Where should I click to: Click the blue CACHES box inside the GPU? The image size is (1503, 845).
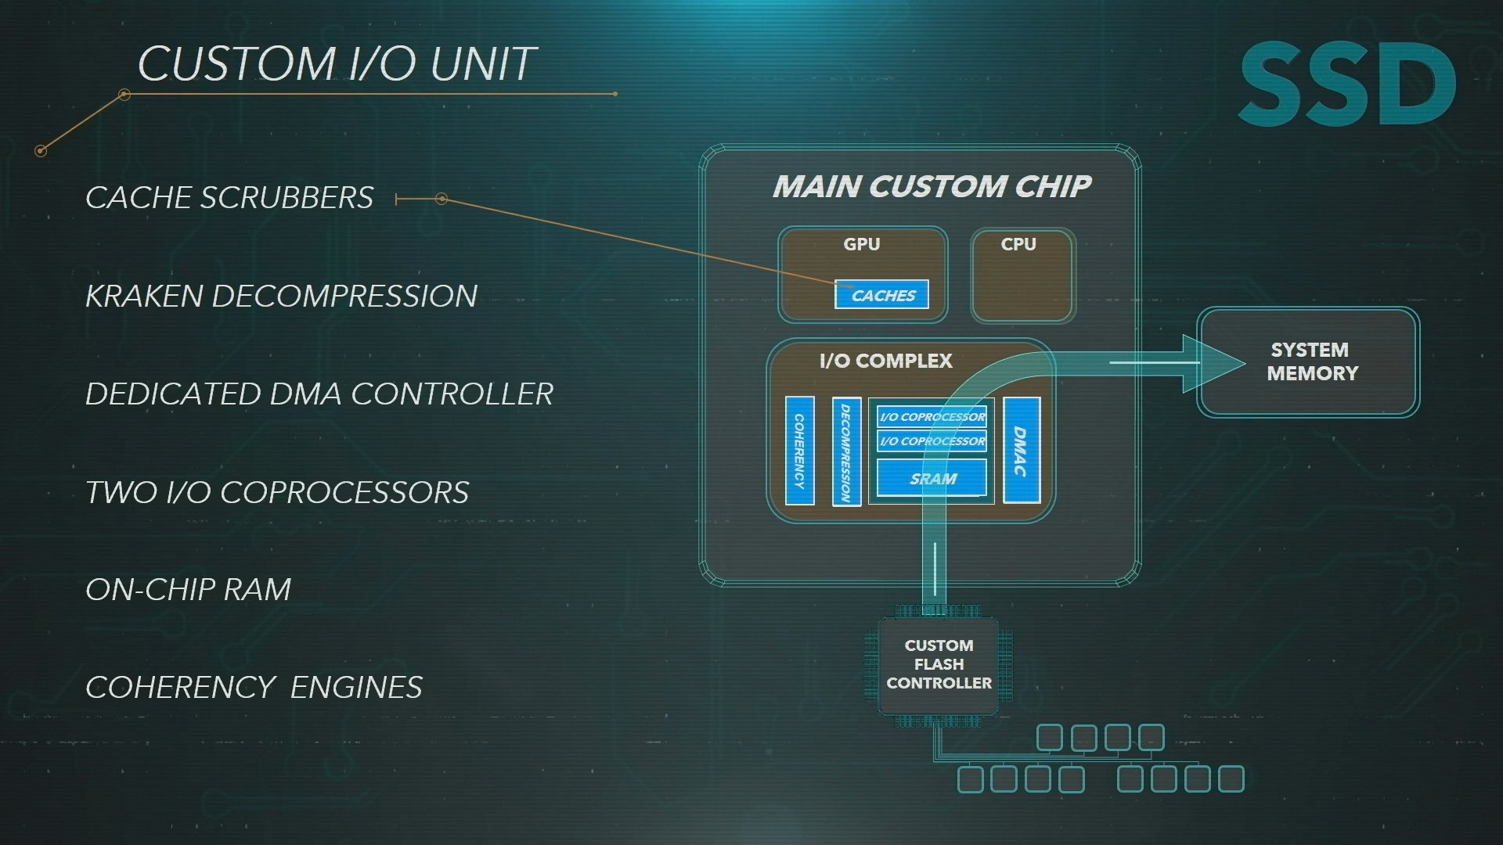881,294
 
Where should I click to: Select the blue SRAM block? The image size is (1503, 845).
932,478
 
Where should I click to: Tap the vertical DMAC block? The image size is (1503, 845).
1022,450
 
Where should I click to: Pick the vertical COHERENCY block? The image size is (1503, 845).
799,451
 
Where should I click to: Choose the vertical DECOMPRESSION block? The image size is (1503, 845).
846,451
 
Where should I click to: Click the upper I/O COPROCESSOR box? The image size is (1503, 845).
932,417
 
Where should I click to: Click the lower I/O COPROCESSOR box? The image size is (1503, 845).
932,441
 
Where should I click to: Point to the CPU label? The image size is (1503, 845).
1018,244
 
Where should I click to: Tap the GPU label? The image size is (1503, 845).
862,244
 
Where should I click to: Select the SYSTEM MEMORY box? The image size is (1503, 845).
1308,361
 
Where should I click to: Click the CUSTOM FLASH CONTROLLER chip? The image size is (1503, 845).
939,664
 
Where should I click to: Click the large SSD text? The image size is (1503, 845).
1347,84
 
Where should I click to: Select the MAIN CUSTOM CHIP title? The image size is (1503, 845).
932,186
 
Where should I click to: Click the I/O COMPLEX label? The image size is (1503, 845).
886,361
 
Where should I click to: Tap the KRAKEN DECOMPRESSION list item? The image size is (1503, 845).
281,296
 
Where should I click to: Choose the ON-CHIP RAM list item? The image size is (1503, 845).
188,589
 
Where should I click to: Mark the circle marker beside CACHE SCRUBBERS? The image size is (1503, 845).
442,199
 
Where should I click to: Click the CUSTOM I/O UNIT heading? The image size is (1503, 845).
337,63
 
